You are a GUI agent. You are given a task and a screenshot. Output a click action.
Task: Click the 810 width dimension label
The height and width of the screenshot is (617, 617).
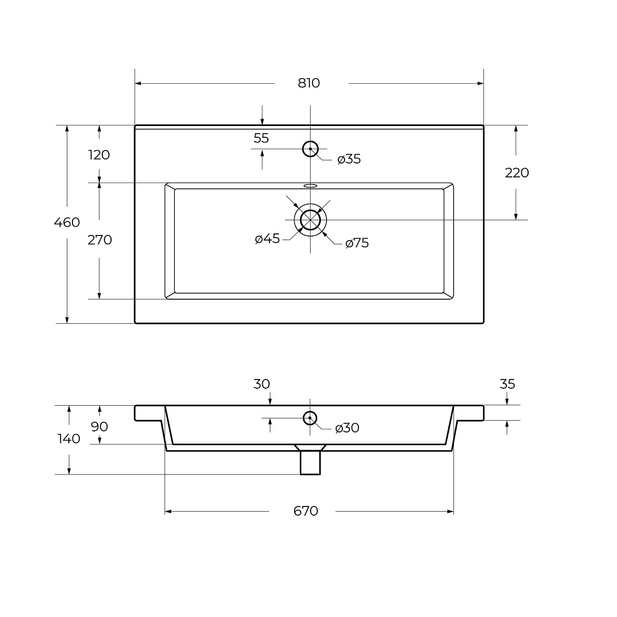308,83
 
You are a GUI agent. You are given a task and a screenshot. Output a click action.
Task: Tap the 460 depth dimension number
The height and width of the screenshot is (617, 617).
67,222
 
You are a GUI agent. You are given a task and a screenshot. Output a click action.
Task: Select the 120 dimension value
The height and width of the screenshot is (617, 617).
99,155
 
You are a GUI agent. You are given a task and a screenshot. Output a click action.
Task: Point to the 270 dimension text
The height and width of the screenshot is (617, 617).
100,240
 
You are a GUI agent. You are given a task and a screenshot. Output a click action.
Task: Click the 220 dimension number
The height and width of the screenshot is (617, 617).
517,173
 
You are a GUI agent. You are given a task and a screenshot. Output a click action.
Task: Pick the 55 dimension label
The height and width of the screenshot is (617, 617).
261,138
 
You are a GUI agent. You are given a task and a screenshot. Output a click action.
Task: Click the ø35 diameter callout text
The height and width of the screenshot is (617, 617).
349,159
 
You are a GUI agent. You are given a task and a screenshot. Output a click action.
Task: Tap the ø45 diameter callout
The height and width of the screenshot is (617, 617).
267,239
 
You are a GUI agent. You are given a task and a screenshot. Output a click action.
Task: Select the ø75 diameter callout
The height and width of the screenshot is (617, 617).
357,243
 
